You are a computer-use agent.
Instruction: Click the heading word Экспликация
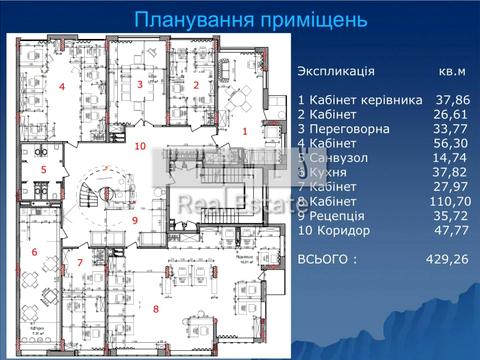(x=336, y=72)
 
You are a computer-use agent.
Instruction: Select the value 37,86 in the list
(x=452, y=100)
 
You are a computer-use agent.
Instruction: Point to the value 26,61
(x=452, y=115)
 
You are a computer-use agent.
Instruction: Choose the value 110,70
(x=448, y=201)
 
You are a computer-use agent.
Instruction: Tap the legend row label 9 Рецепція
(x=336, y=215)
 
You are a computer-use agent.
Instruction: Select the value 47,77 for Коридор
(x=452, y=230)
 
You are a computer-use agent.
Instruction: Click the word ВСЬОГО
(x=326, y=259)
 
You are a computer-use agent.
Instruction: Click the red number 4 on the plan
(x=61, y=87)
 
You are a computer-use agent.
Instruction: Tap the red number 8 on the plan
(x=155, y=308)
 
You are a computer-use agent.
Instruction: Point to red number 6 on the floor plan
(x=34, y=253)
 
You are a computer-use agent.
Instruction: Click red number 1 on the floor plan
(x=244, y=131)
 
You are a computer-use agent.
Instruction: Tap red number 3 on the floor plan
(x=141, y=86)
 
